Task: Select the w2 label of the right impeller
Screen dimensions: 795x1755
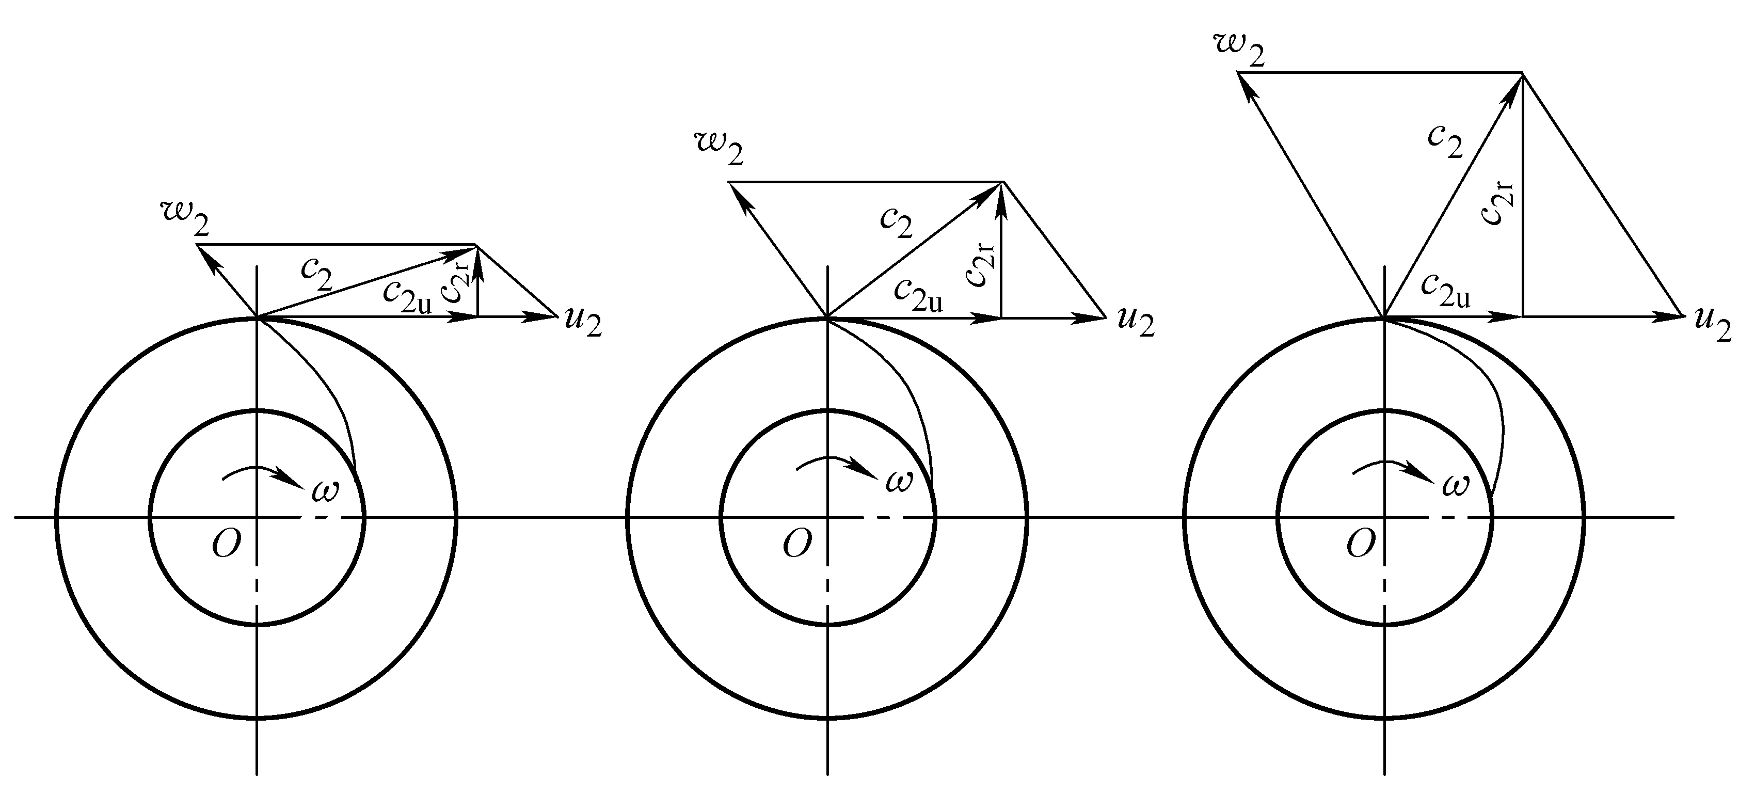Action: [x=1239, y=51]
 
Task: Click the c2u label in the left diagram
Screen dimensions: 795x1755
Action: [x=407, y=296]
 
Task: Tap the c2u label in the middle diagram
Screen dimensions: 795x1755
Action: [x=918, y=295]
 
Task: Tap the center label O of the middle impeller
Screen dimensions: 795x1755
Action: [x=797, y=544]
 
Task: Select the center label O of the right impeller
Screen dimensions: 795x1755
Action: [x=1361, y=544]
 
